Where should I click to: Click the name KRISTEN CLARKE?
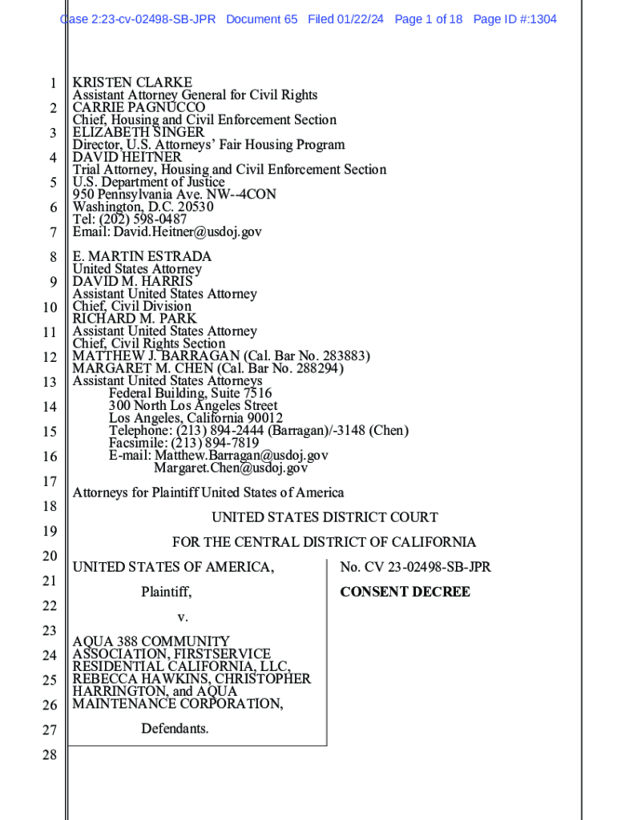click(x=132, y=82)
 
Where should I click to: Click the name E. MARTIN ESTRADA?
click(x=142, y=257)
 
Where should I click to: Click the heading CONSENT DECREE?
click(x=405, y=593)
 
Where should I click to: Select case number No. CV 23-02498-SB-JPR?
click(x=415, y=568)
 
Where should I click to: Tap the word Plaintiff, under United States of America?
click(x=167, y=593)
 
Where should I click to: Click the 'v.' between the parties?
click(x=182, y=617)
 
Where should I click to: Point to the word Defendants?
click(x=175, y=729)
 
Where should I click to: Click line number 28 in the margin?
click(x=49, y=754)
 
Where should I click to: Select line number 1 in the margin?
click(x=52, y=83)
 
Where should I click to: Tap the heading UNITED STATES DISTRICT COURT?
click(x=325, y=518)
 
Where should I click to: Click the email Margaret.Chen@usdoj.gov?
click(x=231, y=468)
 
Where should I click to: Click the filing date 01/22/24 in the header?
click(x=363, y=19)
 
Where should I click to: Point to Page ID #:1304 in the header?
click(x=514, y=19)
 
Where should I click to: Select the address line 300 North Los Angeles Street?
click(x=193, y=406)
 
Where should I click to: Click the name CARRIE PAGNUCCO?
click(x=139, y=107)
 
